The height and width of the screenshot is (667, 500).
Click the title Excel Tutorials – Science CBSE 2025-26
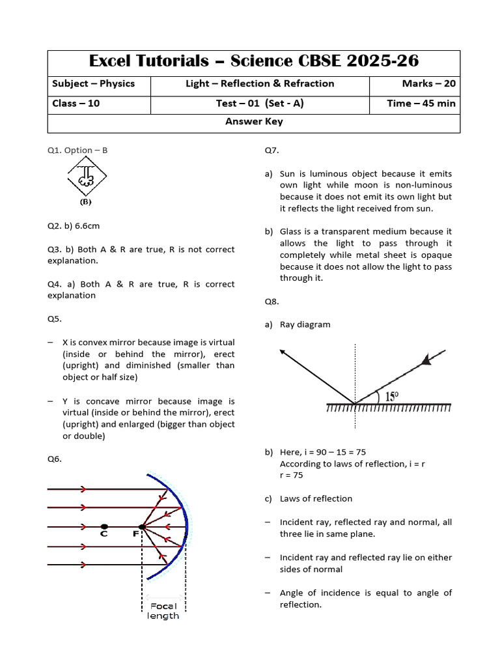[x=254, y=62]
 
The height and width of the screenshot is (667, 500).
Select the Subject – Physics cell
[x=93, y=83]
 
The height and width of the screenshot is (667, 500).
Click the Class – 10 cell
[x=76, y=103]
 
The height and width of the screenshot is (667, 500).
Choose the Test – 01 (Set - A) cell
[x=260, y=103]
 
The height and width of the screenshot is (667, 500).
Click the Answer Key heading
[x=254, y=122]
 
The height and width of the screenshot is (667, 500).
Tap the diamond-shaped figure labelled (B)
[x=86, y=177]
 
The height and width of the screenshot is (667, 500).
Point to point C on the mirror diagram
[x=104, y=526]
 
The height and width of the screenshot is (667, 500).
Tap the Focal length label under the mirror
[x=163, y=610]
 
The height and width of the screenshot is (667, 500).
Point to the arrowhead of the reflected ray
[x=283, y=352]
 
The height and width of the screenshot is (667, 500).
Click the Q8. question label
[x=271, y=302]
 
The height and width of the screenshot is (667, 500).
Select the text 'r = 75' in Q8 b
[x=292, y=475]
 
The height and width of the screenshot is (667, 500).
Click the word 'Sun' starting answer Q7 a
[x=287, y=174]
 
